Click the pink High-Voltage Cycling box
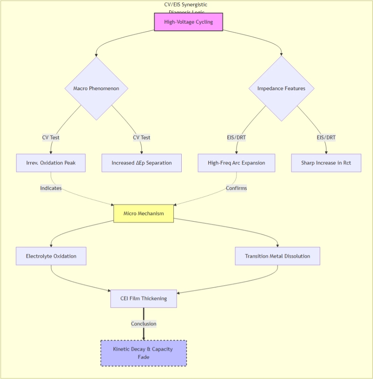pyautogui.click(x=189, y=22)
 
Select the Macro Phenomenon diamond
pyautogui.click(x=96, y=89)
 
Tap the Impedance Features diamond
pyautogui.click(x=281, y=89)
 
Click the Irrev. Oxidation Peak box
pyautogui.click(x=51, y=163)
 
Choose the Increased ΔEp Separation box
pyautogui.click(x=142, y=163)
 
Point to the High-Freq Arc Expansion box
pyautogui.click(x=237, y=163)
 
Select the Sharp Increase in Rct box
pyautogui.click(x=326, y=163)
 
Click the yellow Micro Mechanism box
pyautogui.click(x=144, y=214)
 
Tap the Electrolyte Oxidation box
pyautogui.click(x=51, y=256)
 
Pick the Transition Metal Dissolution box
pyautogui.click(x=277, y=256)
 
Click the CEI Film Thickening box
pyautogui.click(x=144, y=298)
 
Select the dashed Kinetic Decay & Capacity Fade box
pyautogui.click(x=144, y=353)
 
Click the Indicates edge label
pyautogui.click(x=51, y=188)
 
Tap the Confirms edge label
pyautogui.click(x=237, y=188)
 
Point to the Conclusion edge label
pyautogui.click(x=144, y=324)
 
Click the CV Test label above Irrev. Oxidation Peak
pyautogui.click(x=51, y=137)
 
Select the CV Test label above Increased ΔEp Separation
pyautogui.click(x=142, y=137)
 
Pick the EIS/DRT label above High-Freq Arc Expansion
pyautogui.click(x=237, y=137)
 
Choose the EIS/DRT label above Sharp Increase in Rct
pyautogui.click(x=326, y=137)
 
